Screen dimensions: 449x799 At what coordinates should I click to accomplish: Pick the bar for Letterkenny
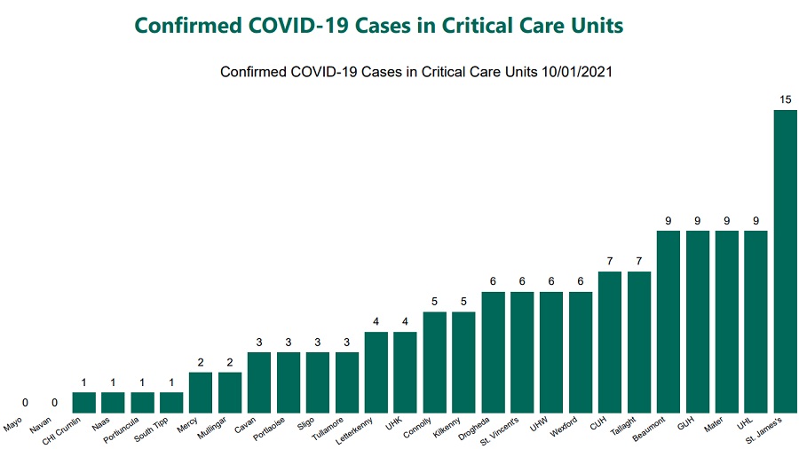[x=376, y=373]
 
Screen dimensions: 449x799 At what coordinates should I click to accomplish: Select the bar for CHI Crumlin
[x=83, y=403]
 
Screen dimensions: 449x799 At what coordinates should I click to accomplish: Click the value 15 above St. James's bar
[x=785, y=99]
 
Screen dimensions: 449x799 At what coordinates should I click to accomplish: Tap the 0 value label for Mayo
[x=26, y=403]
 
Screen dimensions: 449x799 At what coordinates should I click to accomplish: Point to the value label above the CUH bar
[x=609, y=261]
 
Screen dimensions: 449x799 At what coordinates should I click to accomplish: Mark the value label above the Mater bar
[x=726, y=220]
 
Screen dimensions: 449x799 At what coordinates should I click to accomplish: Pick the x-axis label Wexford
[x=566, y=428]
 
